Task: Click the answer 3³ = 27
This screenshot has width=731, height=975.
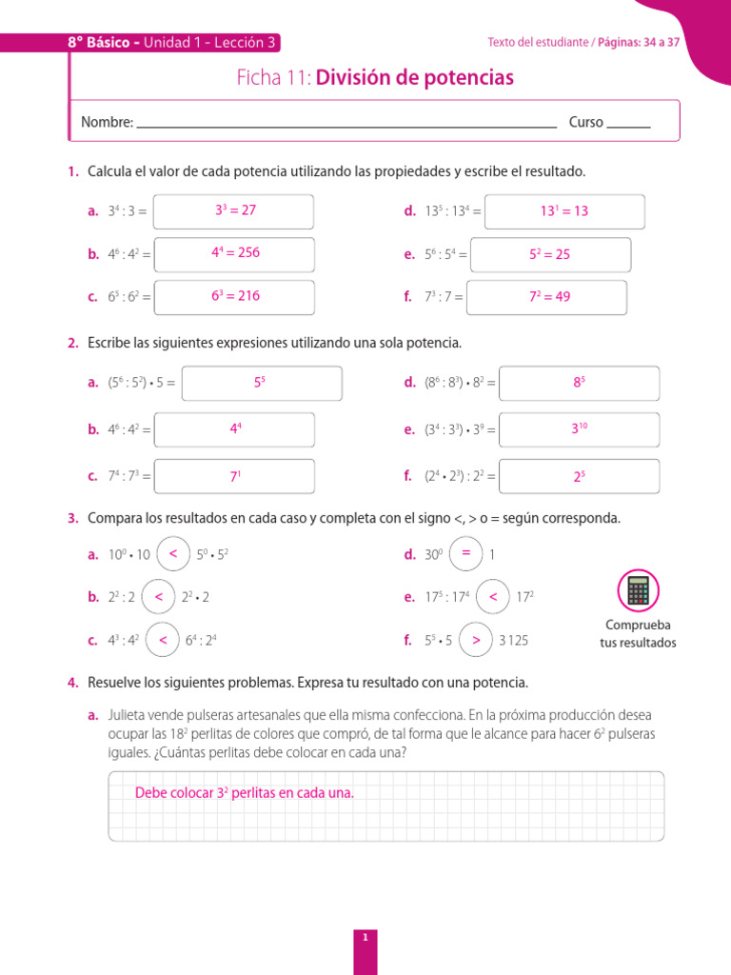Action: (x=235, y=210)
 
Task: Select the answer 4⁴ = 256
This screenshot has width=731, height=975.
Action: (x=235, y=252)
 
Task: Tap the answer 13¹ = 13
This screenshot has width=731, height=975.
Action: (x=564, y=211)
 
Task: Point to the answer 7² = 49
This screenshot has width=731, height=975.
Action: (x=549, y=296)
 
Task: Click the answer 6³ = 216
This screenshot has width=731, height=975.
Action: (x=235, y=295)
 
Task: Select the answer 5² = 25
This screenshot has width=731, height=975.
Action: (x=549, y=254)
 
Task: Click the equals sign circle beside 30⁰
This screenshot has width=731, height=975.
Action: (x=465, y=553)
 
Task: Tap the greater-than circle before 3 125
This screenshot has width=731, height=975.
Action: (x=476, y=640)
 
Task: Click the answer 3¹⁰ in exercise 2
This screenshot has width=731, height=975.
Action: (x=579, y=429)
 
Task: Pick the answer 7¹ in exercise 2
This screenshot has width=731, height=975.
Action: (x=235, y=477)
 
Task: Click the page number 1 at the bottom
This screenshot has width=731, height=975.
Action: (x=365, y=911)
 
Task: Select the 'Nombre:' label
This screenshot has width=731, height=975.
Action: (x=107, y=122)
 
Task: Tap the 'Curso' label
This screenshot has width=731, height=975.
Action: (x=585, y=122)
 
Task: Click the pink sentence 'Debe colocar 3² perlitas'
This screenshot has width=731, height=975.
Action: (x=244, y=792)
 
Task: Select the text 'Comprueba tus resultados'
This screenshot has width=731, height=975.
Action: (x=638, y=634)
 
